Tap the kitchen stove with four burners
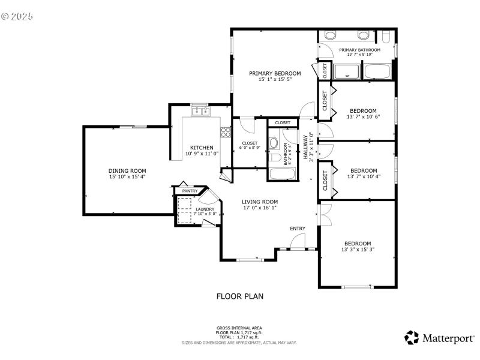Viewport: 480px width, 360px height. (226, 132)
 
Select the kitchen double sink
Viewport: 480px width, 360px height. (200, 112)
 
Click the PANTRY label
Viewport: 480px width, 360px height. (190, 191)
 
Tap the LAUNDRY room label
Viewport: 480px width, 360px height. (205, 209)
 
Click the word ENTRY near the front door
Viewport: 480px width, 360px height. (298, 229)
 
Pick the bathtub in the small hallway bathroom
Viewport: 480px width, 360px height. (282, 174)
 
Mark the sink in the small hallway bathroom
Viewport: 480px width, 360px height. (274, 143)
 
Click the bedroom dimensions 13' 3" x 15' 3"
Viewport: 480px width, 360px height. (358, 250)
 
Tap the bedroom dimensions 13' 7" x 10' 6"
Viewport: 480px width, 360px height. (364, 118)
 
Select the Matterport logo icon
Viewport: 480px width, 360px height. (411, 338)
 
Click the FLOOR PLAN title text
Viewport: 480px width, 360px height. (239, 296)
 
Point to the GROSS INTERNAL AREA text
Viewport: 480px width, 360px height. (239, 328)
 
